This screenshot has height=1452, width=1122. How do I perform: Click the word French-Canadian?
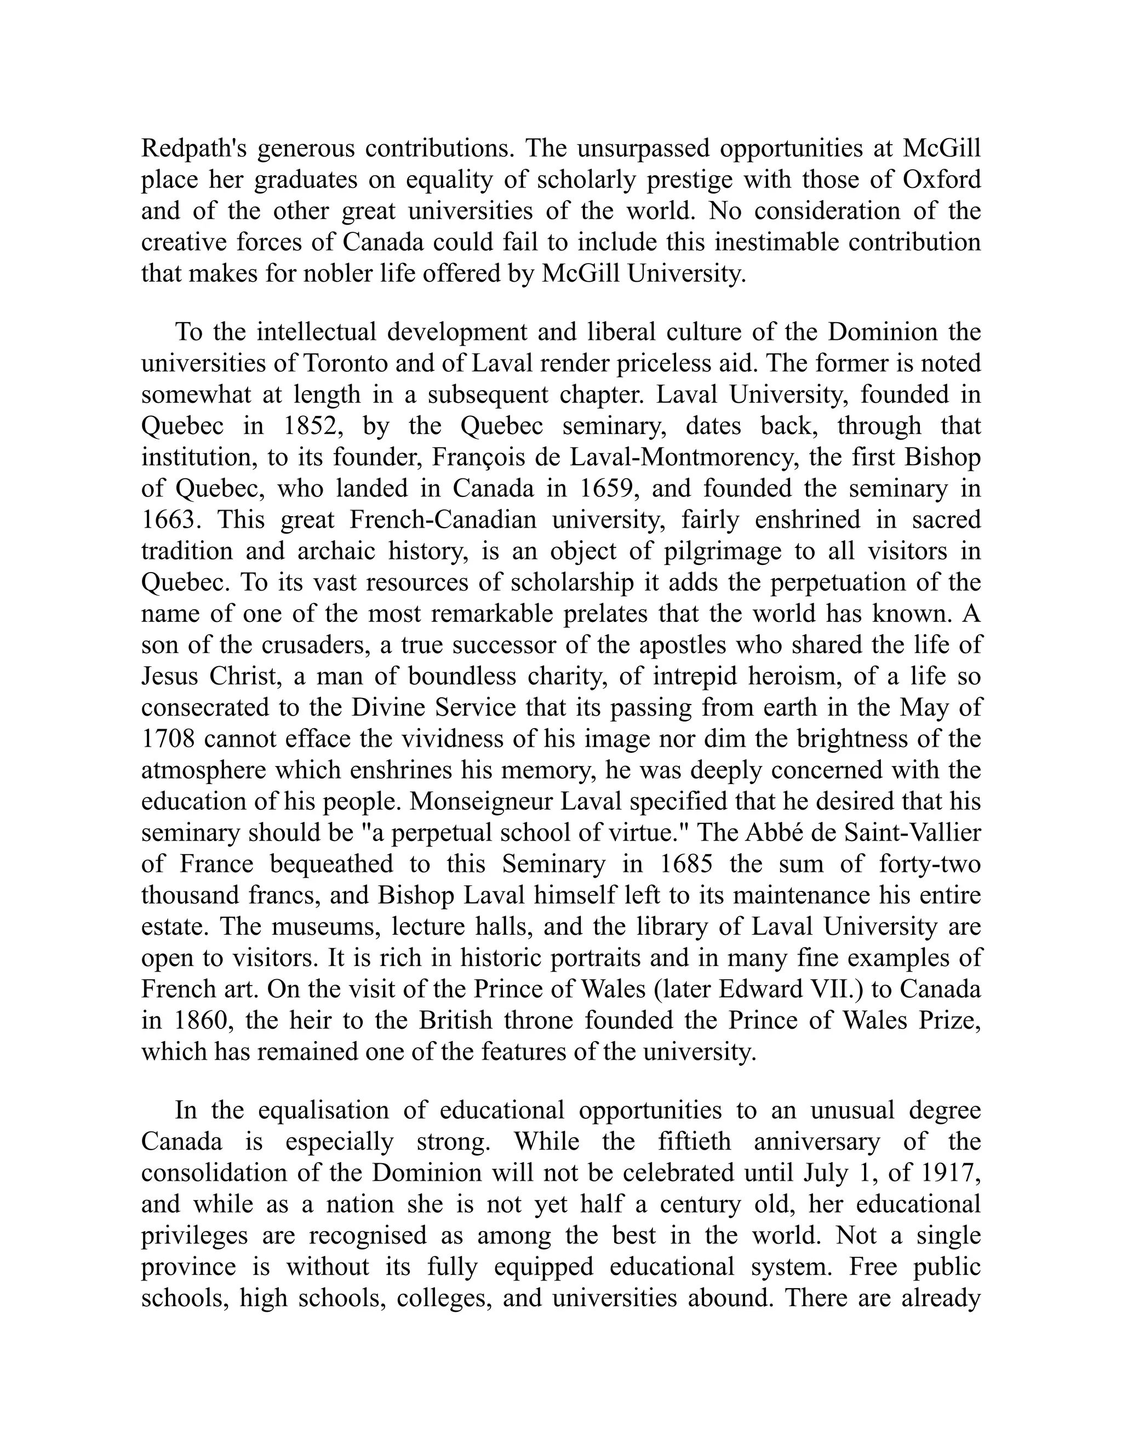tap(443, 520)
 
